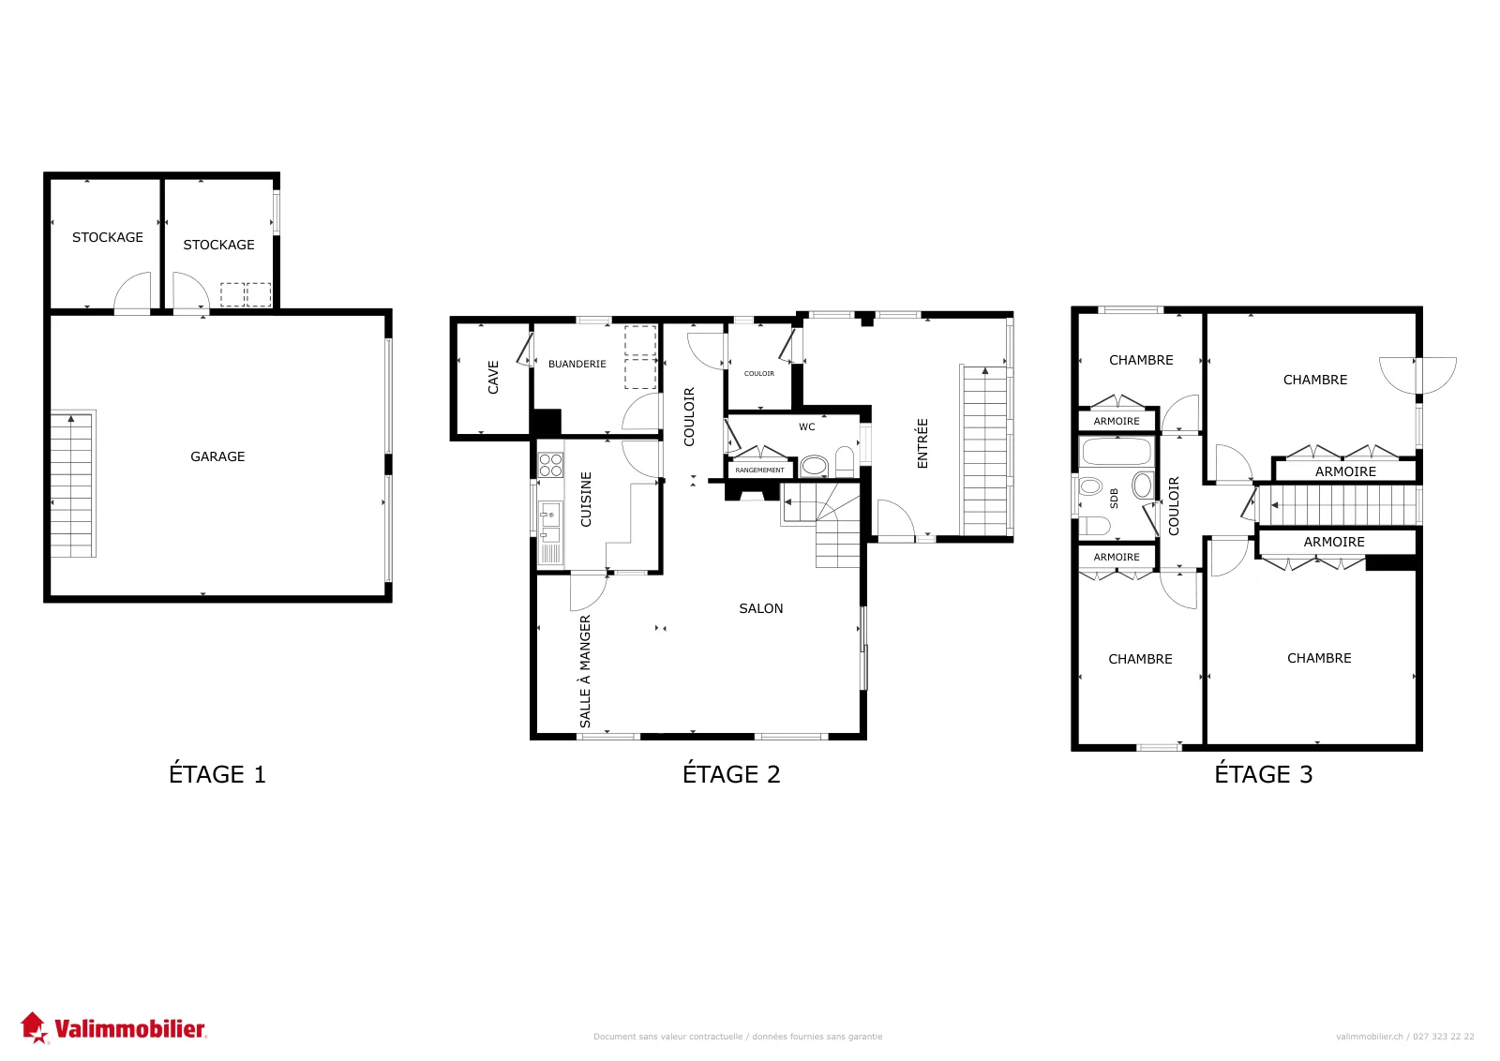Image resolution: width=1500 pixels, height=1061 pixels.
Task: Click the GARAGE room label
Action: (217, 456)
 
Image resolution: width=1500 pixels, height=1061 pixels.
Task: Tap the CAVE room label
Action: (493, 378)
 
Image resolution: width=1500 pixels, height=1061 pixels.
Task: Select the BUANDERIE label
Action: (577, 365)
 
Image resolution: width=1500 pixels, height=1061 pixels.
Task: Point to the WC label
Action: (807, 427)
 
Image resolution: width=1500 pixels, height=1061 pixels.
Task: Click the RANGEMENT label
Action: (759, 470)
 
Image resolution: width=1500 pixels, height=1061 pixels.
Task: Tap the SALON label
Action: (760, 608)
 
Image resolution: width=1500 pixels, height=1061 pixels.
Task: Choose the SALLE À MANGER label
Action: (585, 671)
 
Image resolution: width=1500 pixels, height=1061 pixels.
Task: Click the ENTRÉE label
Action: (922, 443)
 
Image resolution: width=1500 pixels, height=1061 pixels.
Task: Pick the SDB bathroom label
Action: (1115, 498)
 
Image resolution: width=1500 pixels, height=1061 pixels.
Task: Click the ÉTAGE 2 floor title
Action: (731, 774)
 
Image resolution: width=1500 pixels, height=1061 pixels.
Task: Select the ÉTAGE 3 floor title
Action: (1264, 774)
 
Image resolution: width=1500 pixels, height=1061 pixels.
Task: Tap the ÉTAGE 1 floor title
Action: (217, 774)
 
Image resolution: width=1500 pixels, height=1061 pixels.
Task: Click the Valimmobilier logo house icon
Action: (34, 1027)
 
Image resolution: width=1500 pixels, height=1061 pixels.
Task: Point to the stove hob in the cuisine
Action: (550, 465)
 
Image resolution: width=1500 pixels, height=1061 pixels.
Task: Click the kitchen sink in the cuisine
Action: (550, 521)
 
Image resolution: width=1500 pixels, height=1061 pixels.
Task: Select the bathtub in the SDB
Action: (1117, 452)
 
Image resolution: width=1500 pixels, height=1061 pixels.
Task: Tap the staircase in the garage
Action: (72, 484)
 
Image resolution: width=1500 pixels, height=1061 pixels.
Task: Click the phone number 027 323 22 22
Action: (1444, 1037)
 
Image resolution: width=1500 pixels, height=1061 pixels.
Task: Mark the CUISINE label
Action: (586, 500)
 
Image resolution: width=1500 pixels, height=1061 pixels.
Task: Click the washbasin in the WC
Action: (815, 466)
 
